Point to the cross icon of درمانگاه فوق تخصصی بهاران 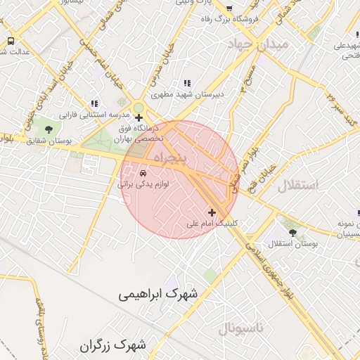coord(139,118)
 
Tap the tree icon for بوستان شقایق coord(49,130)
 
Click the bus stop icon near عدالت coord(11,41)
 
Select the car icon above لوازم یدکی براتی coord(143,172)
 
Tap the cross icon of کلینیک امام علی coord(212,212)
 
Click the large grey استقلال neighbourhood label coord(299,186)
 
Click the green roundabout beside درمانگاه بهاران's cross coord(139,108)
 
